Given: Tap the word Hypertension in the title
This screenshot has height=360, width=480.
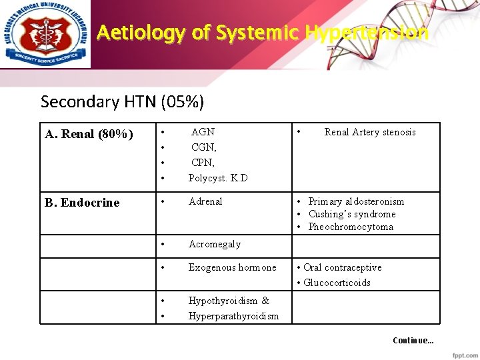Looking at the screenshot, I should (366, 32).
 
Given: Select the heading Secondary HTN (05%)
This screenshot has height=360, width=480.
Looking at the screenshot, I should (122, 101).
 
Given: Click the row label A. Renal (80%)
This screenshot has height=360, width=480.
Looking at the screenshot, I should (88, 134).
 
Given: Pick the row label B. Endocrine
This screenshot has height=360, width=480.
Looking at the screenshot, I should (82, 203).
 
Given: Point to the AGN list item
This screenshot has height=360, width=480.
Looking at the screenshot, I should (203, 132).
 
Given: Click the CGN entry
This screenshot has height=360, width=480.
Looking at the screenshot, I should (203, 147).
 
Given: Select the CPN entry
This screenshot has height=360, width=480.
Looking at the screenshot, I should (203, 163).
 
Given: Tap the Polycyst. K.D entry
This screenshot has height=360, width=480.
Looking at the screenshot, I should (217, 178).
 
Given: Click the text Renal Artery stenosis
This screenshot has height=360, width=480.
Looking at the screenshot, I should (369, 132).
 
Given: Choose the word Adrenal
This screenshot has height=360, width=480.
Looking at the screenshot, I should (205, 201).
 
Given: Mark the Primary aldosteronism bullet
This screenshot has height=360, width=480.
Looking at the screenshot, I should (355, 201).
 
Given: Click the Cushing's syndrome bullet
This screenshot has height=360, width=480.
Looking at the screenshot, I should (351, 214).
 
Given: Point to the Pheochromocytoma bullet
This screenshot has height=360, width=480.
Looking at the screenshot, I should (350, 227).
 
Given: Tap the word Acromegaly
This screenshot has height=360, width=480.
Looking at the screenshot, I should (214, 244).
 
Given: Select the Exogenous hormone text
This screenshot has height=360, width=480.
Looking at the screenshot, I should (232, 267).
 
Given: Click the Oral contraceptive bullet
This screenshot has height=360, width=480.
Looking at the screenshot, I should (342, 267).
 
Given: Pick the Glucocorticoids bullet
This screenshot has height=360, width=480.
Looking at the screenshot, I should (337, 283).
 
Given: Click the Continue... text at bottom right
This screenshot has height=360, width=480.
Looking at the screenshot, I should (413, 341).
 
